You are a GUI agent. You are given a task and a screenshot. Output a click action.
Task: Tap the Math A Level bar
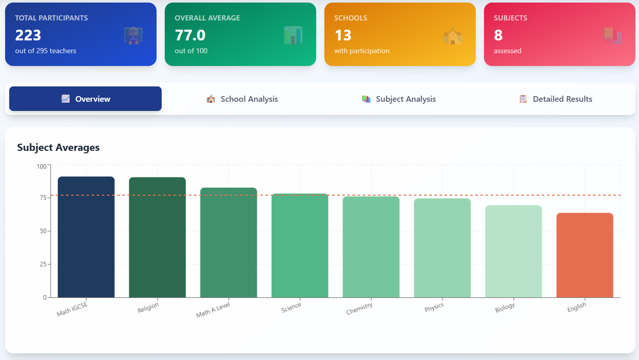click(x=228, y=242)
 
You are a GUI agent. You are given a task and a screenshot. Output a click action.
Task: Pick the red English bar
click(x=584, y=255)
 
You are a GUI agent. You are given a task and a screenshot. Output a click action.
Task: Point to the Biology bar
click(x=513, y=251)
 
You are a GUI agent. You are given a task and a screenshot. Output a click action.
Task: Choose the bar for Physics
click(x=442, y=248)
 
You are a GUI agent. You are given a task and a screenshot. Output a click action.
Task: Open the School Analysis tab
click(x=243, y=99)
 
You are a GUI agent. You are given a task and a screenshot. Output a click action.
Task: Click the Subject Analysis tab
click(x=399, y=99)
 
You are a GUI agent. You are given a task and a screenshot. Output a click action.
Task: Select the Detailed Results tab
click(x=556, y=99)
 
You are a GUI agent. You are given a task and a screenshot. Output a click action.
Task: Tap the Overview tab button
click(x=85, y=99)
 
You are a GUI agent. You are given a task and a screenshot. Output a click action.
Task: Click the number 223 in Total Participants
click(x=28, y=35)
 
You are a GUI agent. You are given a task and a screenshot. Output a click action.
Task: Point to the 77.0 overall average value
click(x=190, y=35)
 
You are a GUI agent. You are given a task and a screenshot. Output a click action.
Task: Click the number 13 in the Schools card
click(x=343, y=35)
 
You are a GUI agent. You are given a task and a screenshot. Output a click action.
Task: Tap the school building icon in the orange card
click(x=452, y=36)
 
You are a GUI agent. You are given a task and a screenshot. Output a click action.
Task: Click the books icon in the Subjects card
click(x=612, y=35)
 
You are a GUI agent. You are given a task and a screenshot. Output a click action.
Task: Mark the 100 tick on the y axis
click(x=41, y=166)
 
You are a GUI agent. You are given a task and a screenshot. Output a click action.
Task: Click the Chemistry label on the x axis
click(x=359, y=309)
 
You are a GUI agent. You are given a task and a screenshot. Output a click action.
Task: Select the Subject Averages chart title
click(x=58, y=148)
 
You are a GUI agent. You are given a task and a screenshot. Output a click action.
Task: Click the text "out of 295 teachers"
click(x=46, y=51)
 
